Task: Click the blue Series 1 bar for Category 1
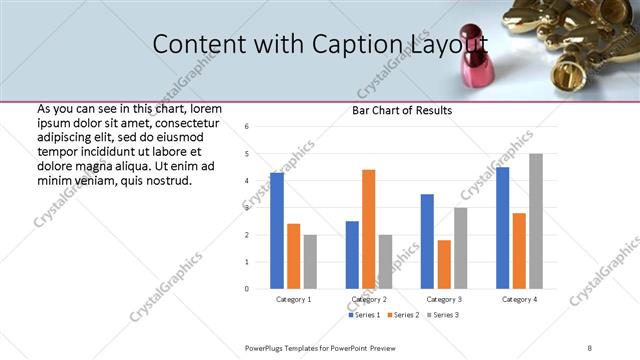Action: click(x=277, y=231)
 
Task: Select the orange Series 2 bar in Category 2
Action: click(x=368, y=229)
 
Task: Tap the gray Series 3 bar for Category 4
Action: click(x=535, y=221)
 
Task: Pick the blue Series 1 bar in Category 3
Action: click(x=427, y=241)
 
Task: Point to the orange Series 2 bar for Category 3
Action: click(x=444, y=264)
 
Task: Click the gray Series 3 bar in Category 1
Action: click(x=310, y=262)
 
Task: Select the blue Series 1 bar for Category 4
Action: click(x=502, y=228)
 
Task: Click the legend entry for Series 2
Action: click(x=403, y=315)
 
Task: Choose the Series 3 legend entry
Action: click(x=444, y=315)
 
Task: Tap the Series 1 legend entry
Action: click(x=363, y=315)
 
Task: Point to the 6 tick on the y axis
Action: click(x=246, y=126)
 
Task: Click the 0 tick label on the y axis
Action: click(x=246, y=289)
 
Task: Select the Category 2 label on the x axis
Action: click(x=368, y=299)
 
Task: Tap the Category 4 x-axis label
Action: click(x=519, y=299)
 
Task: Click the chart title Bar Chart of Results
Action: click(x=402, y=110)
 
